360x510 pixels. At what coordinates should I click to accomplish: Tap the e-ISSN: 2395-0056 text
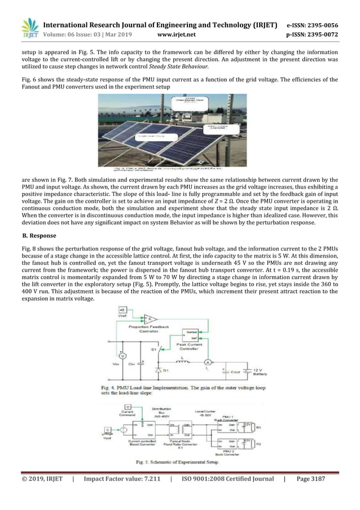316,25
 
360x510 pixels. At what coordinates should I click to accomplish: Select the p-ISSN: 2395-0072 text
316,34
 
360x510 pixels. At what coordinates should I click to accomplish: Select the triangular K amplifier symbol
150,319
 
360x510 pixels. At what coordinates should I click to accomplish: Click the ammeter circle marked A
207,361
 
